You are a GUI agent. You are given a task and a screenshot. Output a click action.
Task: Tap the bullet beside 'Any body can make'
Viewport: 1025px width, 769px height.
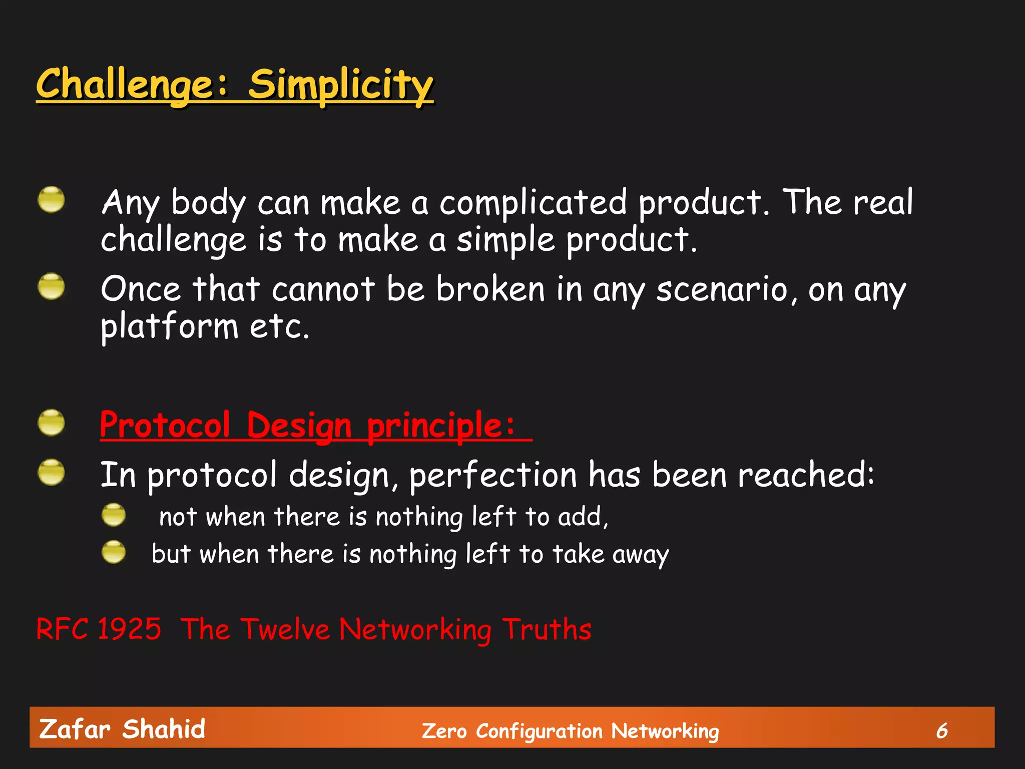[51, 200]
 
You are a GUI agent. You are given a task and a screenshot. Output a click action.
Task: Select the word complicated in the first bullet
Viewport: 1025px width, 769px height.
[533, 203]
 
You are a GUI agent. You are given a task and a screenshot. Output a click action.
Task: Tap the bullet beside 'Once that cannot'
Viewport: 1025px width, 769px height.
[51, 286]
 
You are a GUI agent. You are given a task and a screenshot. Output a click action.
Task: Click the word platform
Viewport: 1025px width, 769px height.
[169, 327]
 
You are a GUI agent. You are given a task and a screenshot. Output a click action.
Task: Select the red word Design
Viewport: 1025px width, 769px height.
[299, 426]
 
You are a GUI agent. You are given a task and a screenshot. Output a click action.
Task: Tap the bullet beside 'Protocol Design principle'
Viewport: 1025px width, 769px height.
[51, 423]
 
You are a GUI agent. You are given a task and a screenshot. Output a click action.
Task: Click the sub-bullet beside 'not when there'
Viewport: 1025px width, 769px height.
[114, 515]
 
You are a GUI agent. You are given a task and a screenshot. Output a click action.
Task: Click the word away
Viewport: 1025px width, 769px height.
[640, 555]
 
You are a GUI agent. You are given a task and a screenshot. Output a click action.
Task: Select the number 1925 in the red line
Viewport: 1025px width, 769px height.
[129, 629]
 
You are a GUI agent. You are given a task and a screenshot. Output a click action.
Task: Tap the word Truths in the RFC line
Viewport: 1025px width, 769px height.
[547, 629]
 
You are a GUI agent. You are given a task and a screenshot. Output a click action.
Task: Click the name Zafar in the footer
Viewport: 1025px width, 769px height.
[75, 729]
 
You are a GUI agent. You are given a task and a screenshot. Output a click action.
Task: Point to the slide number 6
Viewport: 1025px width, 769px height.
[942, 730]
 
